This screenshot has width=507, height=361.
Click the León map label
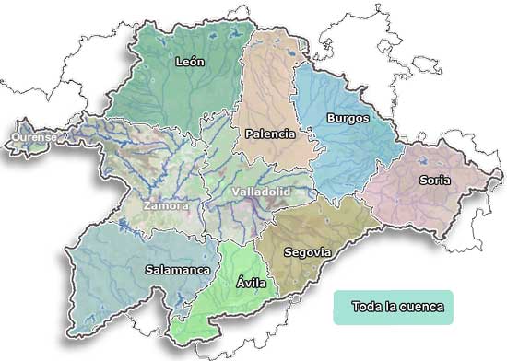click(x=189, y=62)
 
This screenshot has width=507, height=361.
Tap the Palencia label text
click(x=269, y=134)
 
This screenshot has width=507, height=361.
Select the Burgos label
click(x=348, y=118)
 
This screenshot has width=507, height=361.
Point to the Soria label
click(x=434, y=180)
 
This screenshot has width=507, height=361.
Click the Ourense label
click(x=34, y=137)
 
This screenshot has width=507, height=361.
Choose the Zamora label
click(x=165, y=206)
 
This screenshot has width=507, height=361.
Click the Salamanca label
click(x=178, y=270)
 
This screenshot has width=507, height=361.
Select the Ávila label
click(x=251, y=283)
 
